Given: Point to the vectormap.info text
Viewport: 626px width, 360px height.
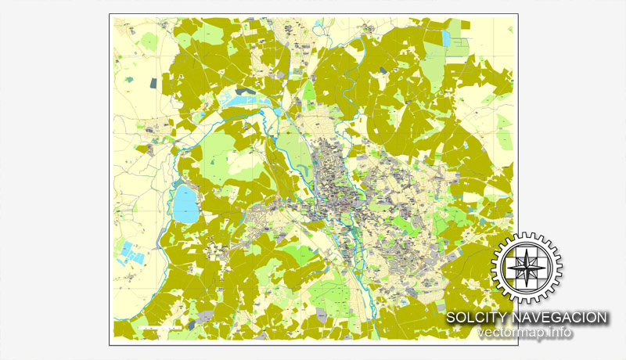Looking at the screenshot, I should [x=525, y=333].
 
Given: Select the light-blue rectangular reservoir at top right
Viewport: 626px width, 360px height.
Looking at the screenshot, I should [x=446, y=38].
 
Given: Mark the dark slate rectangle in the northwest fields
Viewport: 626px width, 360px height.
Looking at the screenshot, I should [x=155, y=81].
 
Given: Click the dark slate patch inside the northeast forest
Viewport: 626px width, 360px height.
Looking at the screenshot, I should [x=381, y=70].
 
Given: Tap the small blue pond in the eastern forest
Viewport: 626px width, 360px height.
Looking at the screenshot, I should [x=465, y=146].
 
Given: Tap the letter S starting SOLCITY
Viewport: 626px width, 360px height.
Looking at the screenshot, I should [x=452, y=318].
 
